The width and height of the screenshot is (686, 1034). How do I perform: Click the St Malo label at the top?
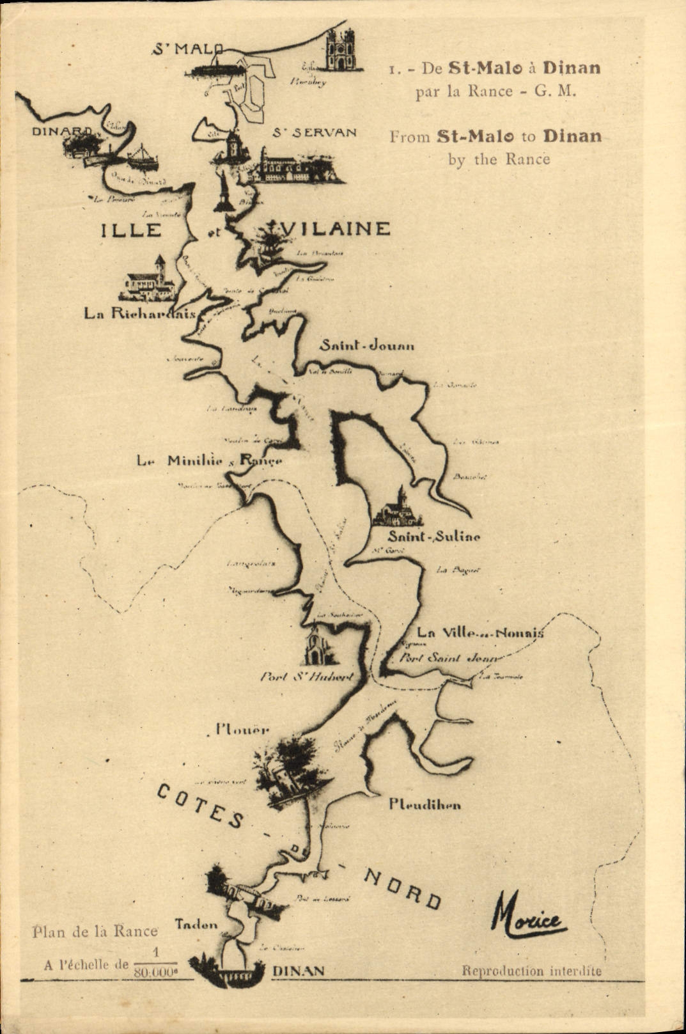(188, 49)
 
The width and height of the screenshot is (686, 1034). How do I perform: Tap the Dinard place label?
(62, 131)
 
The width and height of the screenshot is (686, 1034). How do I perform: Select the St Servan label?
(314, 132)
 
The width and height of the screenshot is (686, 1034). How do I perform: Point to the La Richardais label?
(140, 313)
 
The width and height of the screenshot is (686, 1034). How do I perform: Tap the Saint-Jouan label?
(367, 346)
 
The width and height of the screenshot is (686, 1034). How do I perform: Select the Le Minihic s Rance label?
(209, 460)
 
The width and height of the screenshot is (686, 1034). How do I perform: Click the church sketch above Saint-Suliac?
(398, 508)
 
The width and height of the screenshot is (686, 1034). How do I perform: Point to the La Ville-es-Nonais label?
(480, 633)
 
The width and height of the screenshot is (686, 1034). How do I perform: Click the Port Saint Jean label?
(448, 657)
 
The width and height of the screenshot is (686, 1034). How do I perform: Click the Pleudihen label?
(425, 804)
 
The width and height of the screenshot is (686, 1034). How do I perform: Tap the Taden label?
(196, 924)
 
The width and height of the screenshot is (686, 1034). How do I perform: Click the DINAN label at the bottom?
(298, 971)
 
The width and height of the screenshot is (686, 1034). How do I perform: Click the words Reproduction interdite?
(531, 971)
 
